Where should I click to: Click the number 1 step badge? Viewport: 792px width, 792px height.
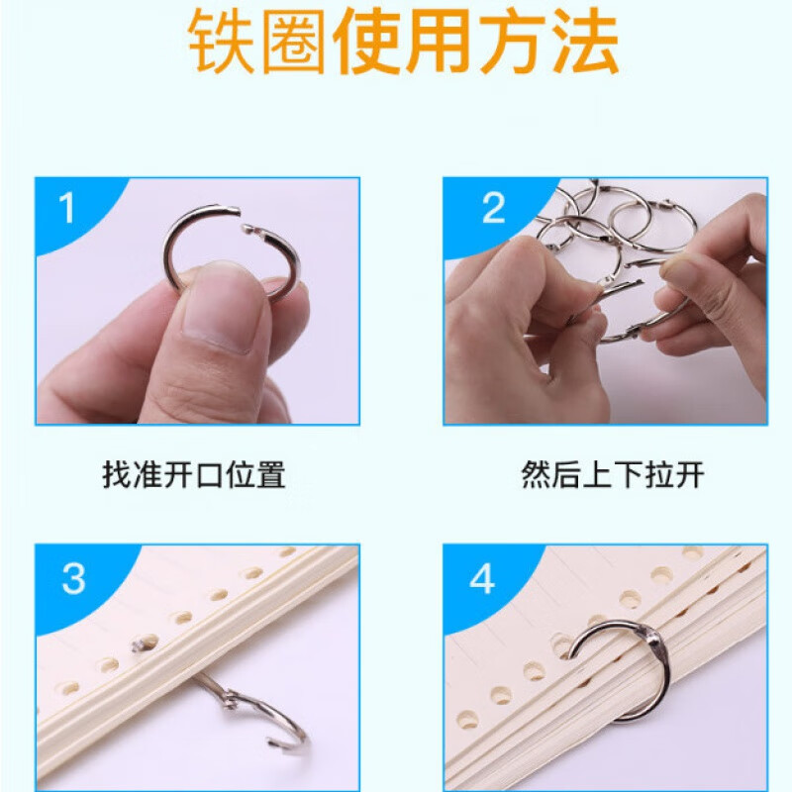pyautogui.click(x=67, y=209)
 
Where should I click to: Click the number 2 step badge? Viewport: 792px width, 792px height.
pyautogui.click(x=493, y=209)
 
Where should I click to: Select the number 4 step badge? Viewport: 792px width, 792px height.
pyautogui.click(x=482, y=578)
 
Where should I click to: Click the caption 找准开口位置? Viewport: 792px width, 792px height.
pyautogui.click(x=194, y=476)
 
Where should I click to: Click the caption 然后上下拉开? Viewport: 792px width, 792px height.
pyautogui.click(x=613, y=476)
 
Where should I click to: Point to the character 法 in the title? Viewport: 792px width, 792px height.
pyautogui.click(x=583, y=42)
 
